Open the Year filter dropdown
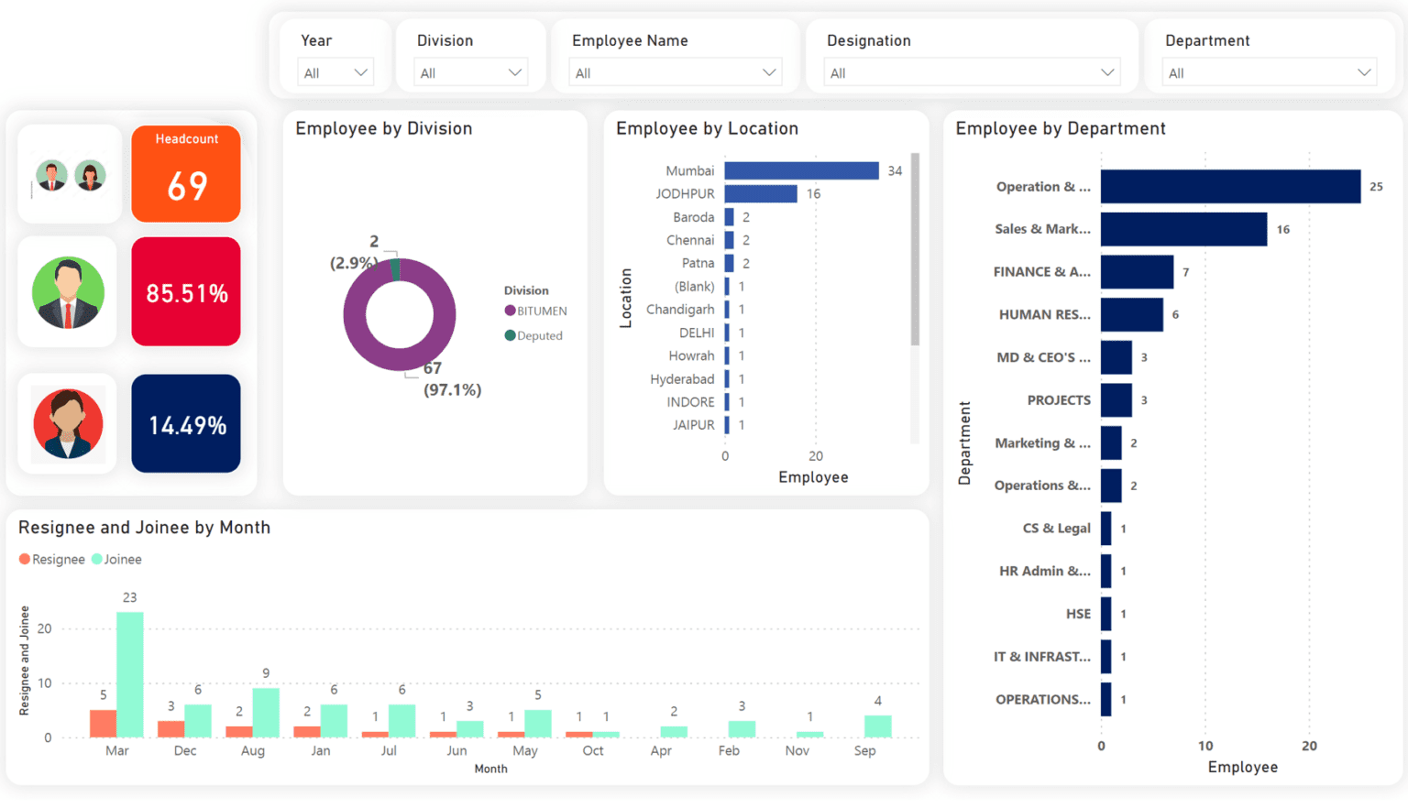[x=335, y=72]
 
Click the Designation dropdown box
[x=971, y=72]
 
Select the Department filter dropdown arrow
[x=1364, y=72]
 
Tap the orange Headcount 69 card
[x=186, y=174]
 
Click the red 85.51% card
[x=186, y=292]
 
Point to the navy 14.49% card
[x=186, y=424]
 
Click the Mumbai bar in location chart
[x=801, y=170]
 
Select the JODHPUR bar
[x=761, y=193]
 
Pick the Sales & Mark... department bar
[x=1183, y=229]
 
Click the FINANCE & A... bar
[x=1137, y=272]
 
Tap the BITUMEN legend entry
[x=536, y=311]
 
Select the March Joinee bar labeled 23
[x=130, y=675]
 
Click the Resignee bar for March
[x=103, y=724]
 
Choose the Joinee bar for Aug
[x=266, y=713]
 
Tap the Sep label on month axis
[x=864, y=750]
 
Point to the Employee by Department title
[x=1061, y=129]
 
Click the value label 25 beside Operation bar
[x=1376, y=187]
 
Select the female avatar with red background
[x=69, y=423]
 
